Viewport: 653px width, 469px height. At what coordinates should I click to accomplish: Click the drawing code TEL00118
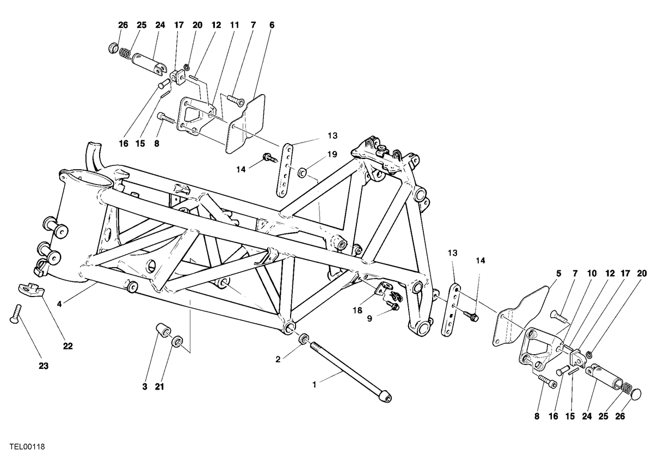27,447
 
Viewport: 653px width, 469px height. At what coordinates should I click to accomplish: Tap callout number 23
44,366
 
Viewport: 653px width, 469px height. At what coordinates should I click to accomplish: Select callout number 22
67,346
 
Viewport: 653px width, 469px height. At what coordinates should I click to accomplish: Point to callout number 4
59,304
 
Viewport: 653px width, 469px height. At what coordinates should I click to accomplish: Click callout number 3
145,387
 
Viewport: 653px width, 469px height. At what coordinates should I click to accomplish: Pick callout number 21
159,387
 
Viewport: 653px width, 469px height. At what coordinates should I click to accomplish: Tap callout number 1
315,385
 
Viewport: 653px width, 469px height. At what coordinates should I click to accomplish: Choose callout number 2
278,360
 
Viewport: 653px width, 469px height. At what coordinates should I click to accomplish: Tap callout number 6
272,25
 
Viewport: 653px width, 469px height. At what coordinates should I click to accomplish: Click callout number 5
558,274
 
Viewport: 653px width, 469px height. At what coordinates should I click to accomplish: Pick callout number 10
592,274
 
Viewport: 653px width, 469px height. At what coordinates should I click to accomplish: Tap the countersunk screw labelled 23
16,313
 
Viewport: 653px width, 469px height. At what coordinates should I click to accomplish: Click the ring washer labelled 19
301,172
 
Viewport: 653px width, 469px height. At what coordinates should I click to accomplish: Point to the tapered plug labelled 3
164,331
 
